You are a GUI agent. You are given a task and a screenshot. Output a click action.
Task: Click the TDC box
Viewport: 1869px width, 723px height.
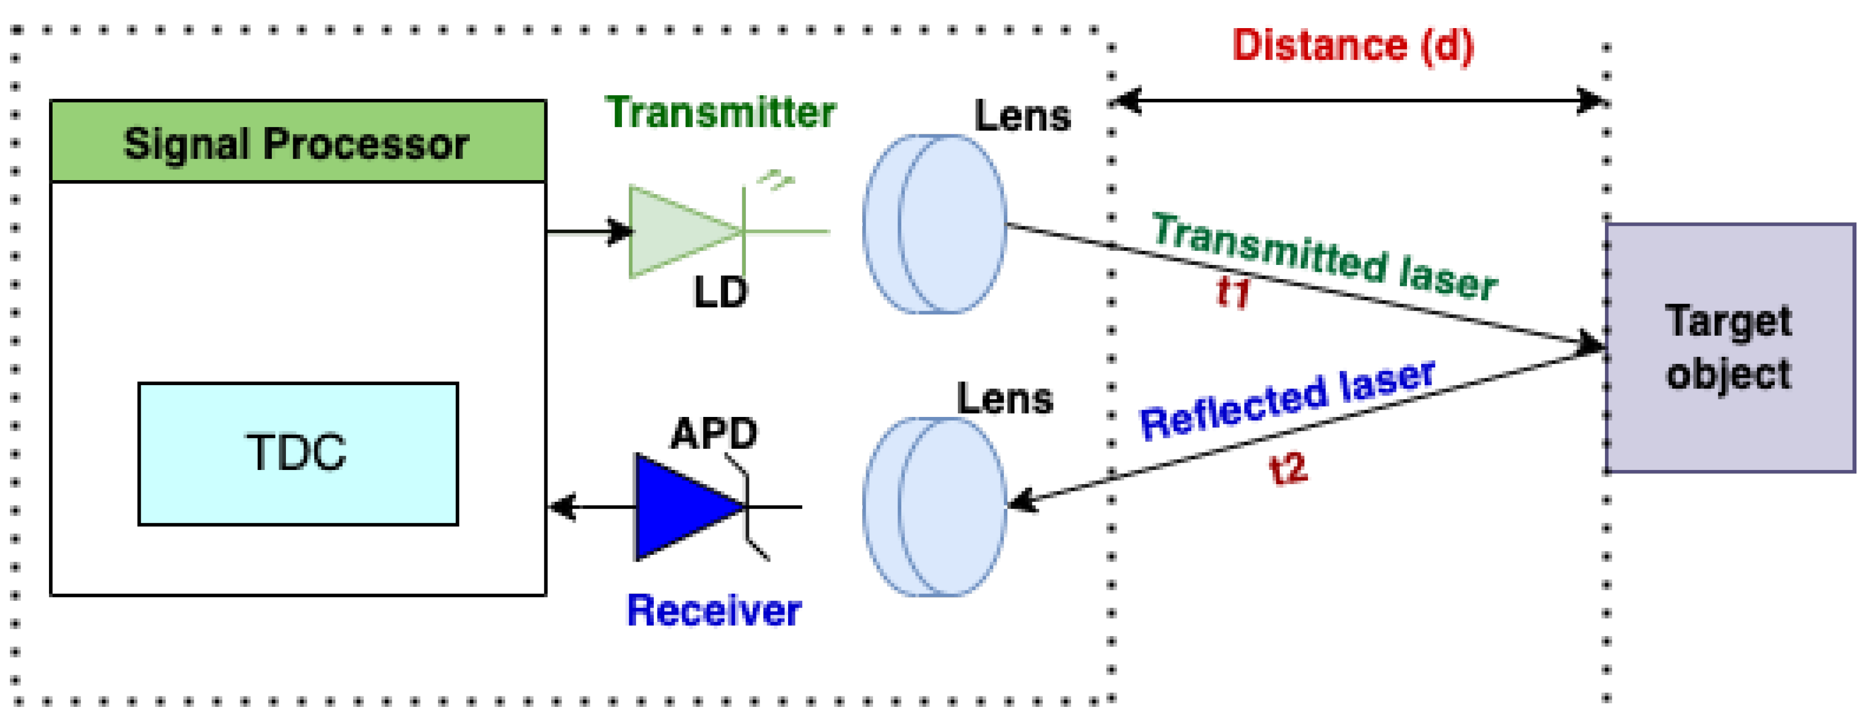[297, 453]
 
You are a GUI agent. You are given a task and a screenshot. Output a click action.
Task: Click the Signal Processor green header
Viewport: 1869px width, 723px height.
[297, 142]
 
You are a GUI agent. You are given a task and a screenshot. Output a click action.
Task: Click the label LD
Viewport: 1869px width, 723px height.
[720, 293]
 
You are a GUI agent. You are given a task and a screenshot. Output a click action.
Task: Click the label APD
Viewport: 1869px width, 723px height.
[714, 434]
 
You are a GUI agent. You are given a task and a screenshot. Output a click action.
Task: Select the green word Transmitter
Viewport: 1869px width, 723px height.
[720, 113]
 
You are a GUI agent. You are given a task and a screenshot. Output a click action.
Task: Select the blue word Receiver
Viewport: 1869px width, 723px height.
[714, 611]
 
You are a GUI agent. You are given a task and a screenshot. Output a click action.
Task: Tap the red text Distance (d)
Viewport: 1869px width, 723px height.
[1353, 46]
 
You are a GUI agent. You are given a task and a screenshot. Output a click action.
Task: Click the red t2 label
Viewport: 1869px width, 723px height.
[1288, 468]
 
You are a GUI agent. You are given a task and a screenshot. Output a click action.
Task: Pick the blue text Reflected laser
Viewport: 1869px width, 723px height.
[1288, 401]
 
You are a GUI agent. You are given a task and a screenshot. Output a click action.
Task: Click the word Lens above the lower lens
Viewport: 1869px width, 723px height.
[1005, 399]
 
